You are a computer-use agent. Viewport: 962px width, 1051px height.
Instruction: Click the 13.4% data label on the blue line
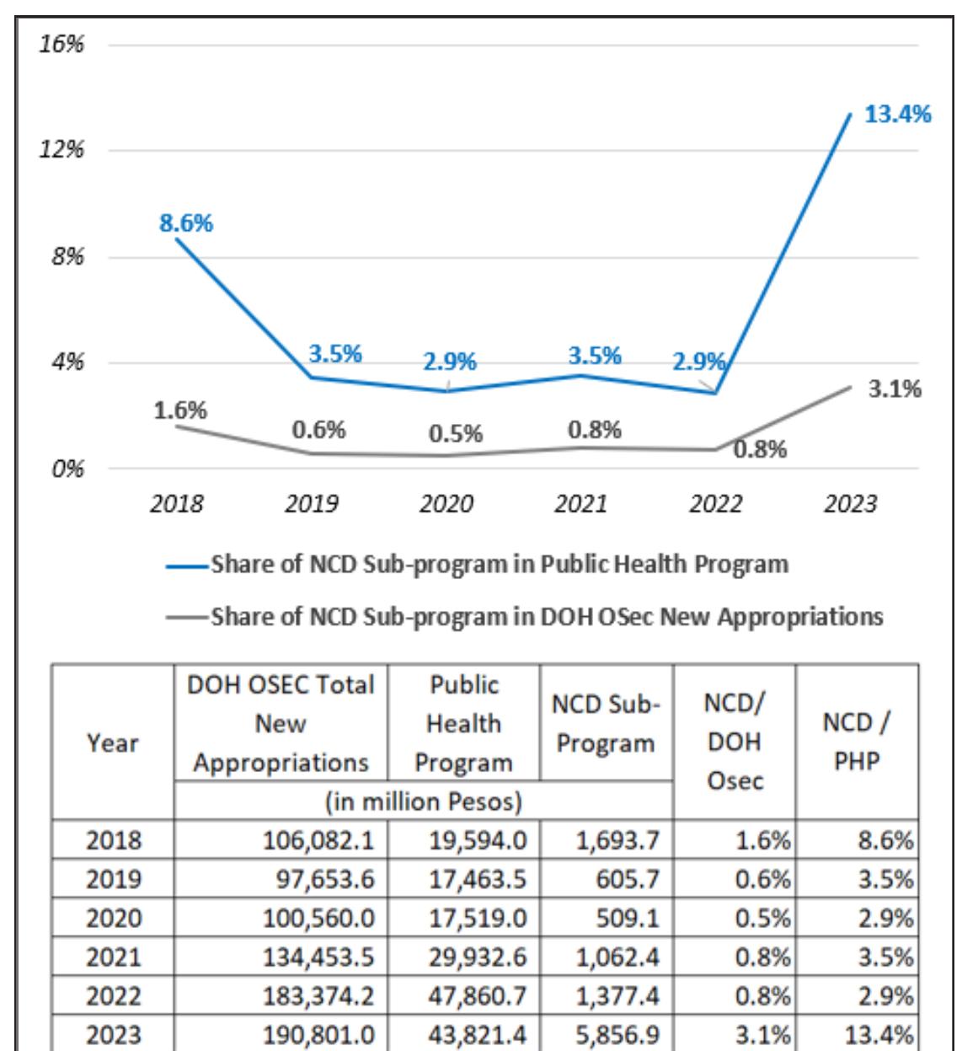897,115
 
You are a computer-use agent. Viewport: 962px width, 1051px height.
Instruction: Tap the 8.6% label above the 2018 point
186,223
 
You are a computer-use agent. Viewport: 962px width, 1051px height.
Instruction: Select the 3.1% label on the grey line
895,389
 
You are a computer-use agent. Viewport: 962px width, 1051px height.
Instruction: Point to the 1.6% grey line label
179,410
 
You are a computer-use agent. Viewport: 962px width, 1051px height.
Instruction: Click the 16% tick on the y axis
61,44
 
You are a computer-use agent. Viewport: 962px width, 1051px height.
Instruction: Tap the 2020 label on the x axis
446,504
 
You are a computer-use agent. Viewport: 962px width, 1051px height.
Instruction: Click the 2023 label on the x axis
850,504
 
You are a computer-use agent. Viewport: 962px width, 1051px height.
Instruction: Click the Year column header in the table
113,743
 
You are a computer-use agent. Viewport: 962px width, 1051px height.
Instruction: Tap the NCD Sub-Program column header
606,724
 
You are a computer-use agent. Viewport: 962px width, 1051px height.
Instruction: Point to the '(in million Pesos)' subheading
423,801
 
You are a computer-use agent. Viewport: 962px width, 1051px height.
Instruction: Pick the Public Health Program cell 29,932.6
478,957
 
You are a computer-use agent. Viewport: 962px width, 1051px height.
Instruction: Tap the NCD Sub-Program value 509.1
628,918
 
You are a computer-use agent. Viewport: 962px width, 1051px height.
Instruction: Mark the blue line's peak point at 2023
850,114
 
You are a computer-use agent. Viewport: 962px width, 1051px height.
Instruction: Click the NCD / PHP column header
857,742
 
